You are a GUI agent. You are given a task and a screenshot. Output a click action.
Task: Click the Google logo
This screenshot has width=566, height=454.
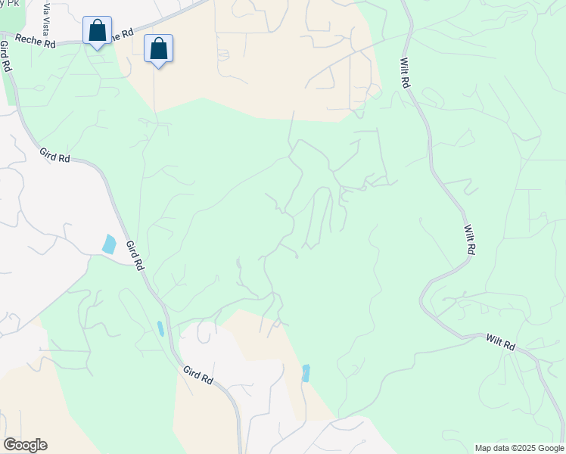tap(25, 445)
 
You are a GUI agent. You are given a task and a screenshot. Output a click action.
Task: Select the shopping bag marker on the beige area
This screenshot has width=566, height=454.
tap(158, 49)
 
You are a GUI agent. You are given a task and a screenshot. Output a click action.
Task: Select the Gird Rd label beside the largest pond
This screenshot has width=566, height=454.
tap(135, 256)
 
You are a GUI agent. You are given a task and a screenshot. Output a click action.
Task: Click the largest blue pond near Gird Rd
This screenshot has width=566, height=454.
tap(110, 244)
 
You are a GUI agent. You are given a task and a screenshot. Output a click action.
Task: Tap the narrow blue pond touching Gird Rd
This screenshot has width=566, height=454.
tap(160, 328)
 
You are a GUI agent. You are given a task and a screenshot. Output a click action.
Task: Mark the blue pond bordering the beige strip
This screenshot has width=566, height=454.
tap(306, 373)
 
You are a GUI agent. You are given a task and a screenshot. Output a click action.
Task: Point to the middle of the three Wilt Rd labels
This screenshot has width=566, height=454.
tap(469, 239)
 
